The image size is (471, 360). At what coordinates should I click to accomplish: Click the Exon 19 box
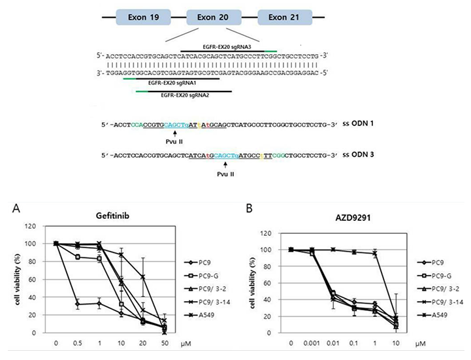(143, 16)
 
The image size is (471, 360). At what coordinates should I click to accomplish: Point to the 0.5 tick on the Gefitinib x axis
(78, 343)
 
